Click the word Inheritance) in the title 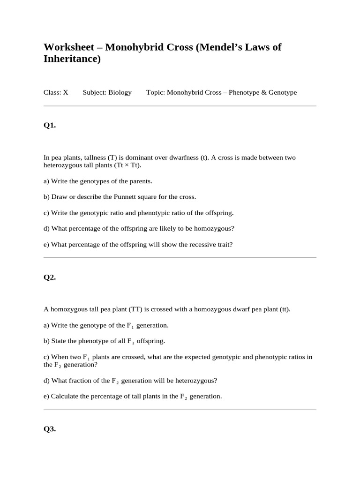pyautogui.click(x=72, y=60)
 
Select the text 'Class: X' pyautogui.click(x=56, y=92)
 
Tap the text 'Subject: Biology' pyautogui.click(x=107, y=92)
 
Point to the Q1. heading pyautogui.click(x=50, y=125)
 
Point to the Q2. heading pyautogui.click(x=50, y=277)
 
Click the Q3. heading pyautogui.click(x=50, y=429)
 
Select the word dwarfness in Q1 pyautogui.click(x=185, y=157)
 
